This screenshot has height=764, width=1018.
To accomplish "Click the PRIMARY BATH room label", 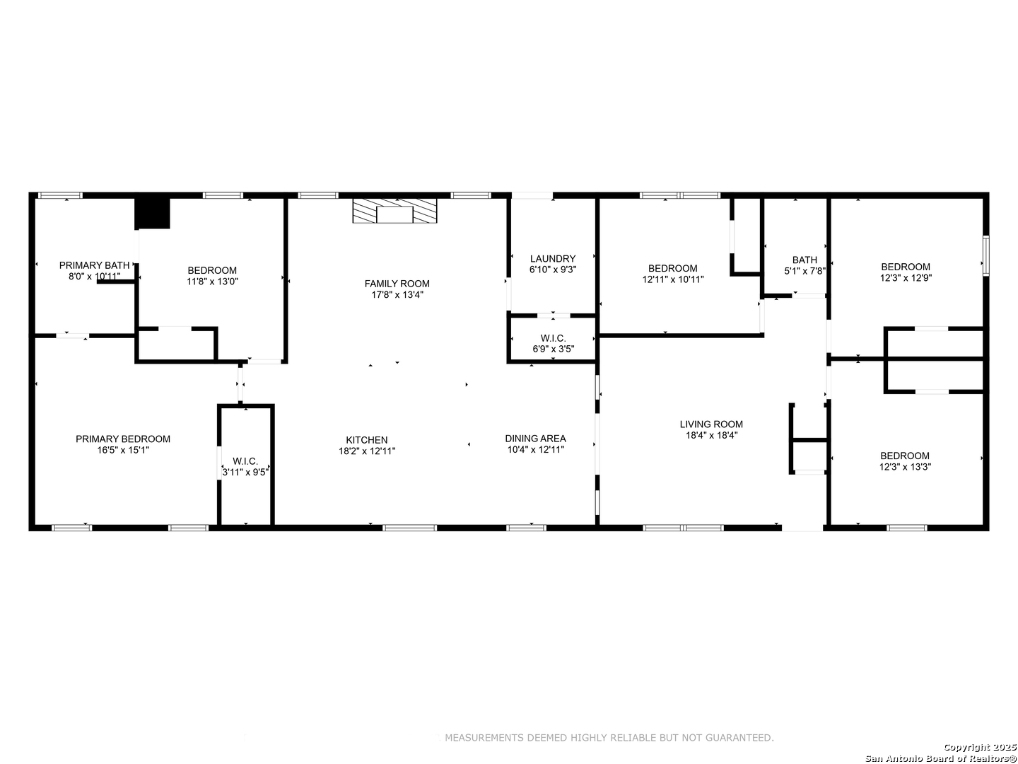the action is click(94, 265).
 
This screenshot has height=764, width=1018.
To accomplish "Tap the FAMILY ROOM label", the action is click(397, 284).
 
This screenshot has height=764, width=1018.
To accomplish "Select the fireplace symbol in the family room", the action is click(394, 211).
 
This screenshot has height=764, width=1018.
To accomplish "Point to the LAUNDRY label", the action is click(553, 258).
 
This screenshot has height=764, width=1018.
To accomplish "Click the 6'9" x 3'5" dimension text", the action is click(554, 349).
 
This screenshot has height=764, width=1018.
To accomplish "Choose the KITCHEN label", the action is click(367, 440).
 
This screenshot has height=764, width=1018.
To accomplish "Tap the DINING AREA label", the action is click(536, 439).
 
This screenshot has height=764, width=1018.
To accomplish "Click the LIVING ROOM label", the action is click(711, 424).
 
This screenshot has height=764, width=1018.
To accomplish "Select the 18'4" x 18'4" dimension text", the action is click(711, 435).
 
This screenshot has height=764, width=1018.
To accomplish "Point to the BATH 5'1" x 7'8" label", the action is click(805, 265).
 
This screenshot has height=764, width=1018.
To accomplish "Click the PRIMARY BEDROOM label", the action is click(123, 439).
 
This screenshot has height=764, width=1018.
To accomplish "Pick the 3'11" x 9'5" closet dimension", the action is click(245, 473).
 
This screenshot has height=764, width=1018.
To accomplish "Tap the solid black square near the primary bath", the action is click(152, 214).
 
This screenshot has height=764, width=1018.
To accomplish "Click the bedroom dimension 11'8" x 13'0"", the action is click(212, 281).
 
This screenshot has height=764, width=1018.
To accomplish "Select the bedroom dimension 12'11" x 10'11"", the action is click(673, 279).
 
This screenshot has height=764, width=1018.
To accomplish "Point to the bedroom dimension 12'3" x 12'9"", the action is click(906, 278).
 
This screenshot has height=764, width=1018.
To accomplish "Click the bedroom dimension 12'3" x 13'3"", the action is click(905, 467).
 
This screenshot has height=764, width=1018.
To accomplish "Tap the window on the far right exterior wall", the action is click(986, 255).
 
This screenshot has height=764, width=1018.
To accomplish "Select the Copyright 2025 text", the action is click(980, 747).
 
